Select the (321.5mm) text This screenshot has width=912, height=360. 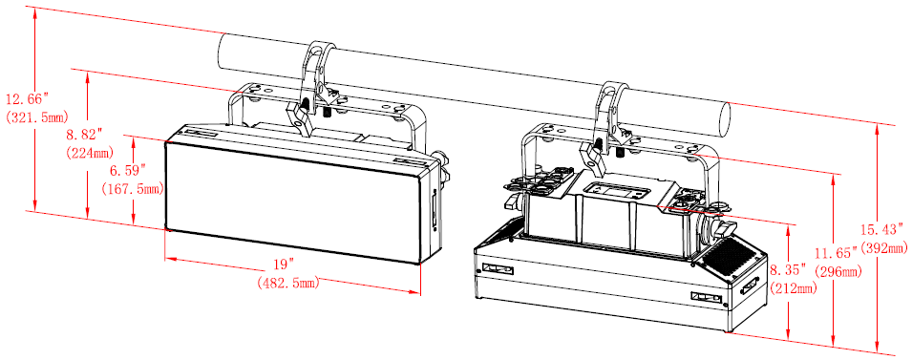point(33,116)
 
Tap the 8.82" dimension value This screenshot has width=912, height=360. point(84,136)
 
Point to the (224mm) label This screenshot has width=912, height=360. point(90,153)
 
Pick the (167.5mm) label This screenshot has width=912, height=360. point(132,189)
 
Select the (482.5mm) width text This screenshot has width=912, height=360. point(287,284)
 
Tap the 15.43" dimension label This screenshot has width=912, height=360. point(884,230)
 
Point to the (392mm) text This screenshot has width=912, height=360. point(883,248)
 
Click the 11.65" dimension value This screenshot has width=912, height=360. point(837,254)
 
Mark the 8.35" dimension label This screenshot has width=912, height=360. point(789,269)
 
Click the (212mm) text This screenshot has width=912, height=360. point(793,287)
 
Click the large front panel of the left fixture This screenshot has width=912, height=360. point(292,201)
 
